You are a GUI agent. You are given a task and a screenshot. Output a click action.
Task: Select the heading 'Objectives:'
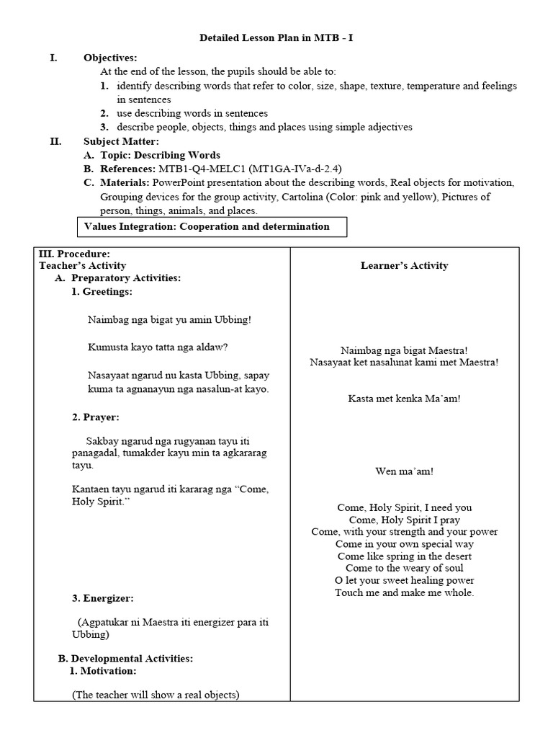tap(109, 58)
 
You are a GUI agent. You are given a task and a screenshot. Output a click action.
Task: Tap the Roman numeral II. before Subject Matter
tap(55, 141)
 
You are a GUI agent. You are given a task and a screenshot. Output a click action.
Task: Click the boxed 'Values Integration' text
tap(207, 226)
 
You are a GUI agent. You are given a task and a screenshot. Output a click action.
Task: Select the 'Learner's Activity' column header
tap(404, 265)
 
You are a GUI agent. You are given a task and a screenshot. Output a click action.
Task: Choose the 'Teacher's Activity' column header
tap(82, 265)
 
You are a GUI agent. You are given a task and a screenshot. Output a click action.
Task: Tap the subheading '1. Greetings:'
tap(102, 292)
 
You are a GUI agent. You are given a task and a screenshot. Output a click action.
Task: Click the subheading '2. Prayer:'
tap(95, 417)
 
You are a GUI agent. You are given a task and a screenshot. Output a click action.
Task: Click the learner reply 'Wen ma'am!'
tap(404, 471)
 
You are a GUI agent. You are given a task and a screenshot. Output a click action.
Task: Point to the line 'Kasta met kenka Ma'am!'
tap(404, 398)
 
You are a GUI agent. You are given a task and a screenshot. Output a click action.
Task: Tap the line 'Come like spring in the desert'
tap(404, 556)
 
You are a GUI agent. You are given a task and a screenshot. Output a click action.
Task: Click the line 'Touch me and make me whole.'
tap(404, 592)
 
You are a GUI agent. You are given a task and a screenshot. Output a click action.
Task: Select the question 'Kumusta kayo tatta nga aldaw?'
tap(158, 347)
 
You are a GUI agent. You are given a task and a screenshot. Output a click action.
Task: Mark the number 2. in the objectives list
tap(104, 113)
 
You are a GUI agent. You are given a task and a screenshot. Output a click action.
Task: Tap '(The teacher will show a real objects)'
tap(156, 695)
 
